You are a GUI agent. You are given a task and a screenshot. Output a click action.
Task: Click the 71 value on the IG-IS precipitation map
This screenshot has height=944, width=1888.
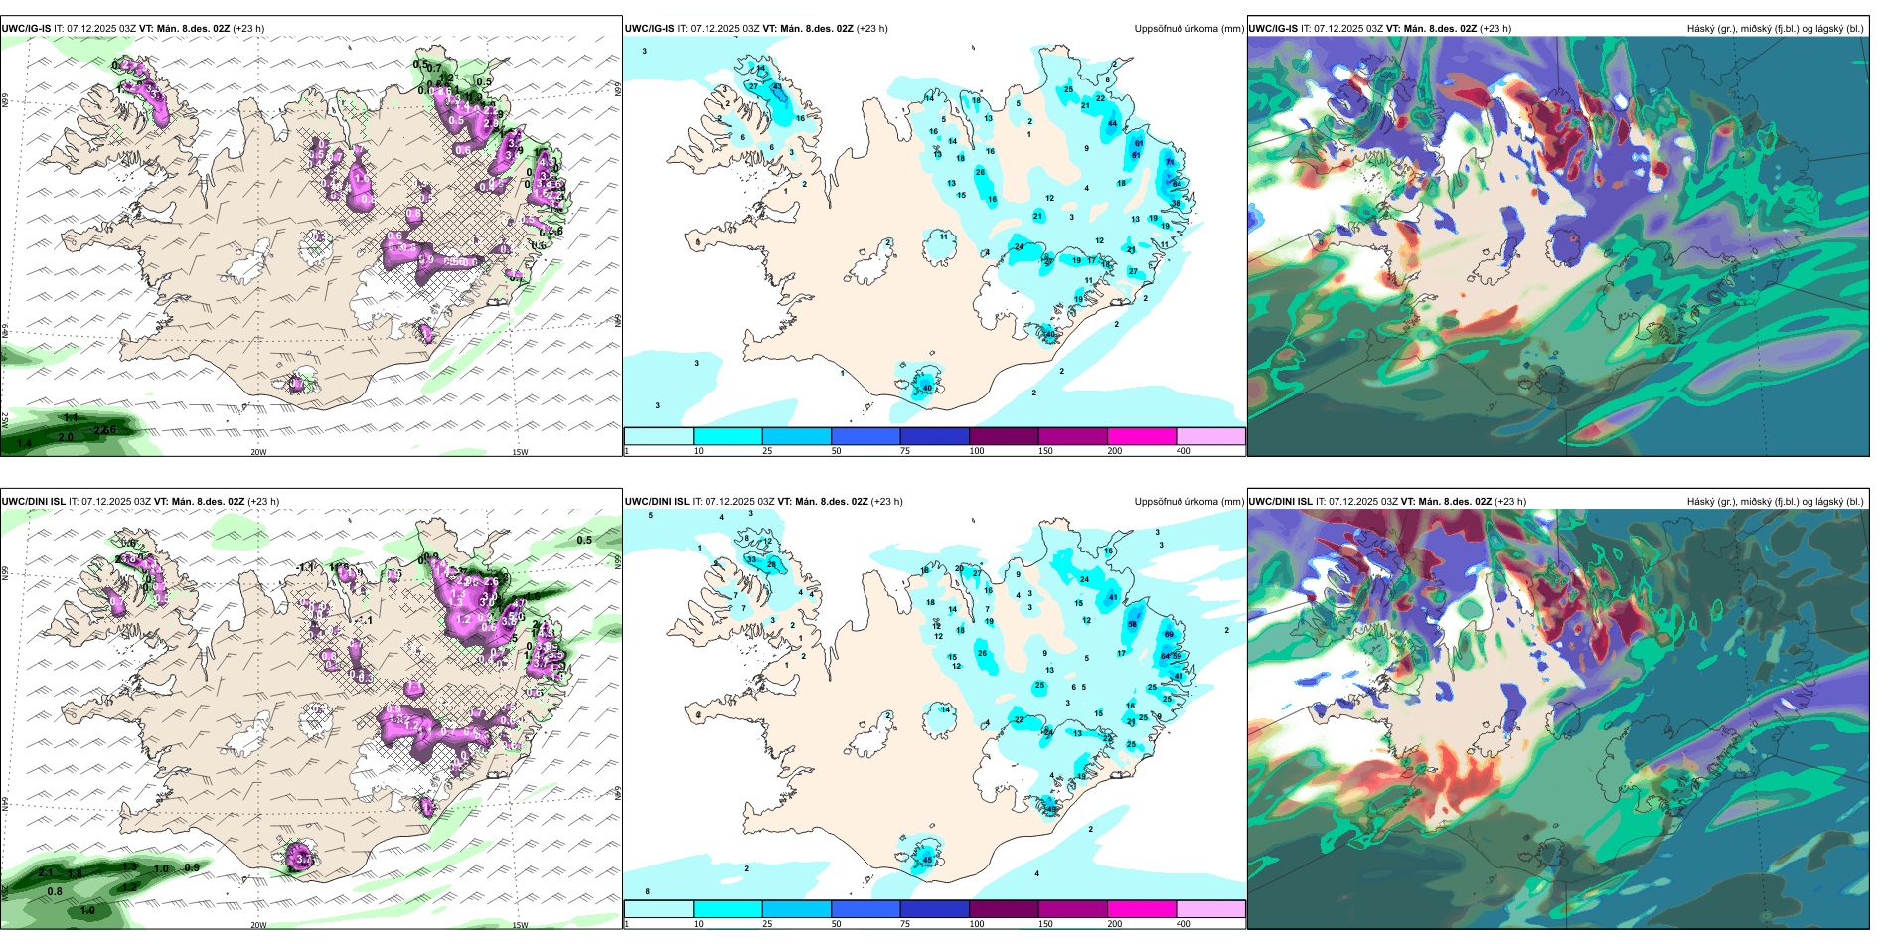[1170, 162]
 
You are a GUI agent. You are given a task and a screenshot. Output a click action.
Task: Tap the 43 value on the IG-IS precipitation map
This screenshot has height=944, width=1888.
[777, 86]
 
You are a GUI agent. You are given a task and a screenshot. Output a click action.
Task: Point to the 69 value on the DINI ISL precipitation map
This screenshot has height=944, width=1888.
[1169, 634]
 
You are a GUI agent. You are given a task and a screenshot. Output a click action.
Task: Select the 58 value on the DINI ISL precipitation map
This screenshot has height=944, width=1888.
[1133, 624]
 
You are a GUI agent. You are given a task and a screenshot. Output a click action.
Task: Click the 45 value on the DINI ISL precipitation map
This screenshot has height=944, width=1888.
[927, 860]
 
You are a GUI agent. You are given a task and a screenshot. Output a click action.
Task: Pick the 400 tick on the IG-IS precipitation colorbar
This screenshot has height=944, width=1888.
[1183, 451]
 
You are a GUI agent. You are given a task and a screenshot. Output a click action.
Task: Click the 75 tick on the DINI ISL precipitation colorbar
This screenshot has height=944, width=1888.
[905, 924]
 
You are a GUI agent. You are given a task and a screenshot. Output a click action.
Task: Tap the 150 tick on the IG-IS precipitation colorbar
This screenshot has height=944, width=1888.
[1045, 451]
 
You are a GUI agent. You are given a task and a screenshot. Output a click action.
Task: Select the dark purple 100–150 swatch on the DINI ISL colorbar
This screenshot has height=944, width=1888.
[1004, 909]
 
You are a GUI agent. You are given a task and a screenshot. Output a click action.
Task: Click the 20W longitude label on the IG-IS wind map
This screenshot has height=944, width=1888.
[258, 452]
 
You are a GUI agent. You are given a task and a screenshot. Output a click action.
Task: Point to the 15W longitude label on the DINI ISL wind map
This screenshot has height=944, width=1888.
[520, 925]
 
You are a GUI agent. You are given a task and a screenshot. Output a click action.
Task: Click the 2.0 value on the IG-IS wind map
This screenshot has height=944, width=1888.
[66, 437]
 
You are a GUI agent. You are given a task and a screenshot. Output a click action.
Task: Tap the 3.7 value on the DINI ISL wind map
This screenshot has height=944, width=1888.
[304, 860]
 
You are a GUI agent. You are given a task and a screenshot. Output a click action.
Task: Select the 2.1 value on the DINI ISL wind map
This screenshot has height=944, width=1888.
[46, 872]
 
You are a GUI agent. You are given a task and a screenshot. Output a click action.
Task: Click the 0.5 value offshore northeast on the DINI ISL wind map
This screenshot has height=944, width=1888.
[584, 541]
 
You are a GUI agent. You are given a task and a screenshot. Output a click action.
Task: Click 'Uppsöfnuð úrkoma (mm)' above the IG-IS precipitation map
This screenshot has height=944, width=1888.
[1188, 29]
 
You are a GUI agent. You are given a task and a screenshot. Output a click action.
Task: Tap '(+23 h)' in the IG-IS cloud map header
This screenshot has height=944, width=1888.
[1495, 29]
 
